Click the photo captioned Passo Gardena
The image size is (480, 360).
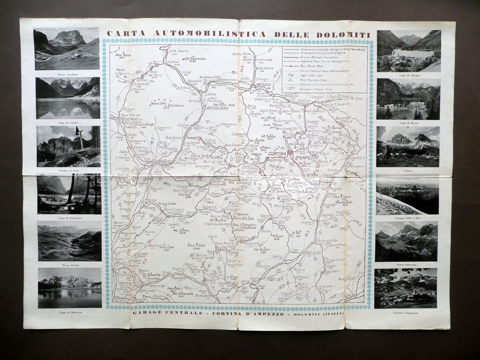pos(67,48)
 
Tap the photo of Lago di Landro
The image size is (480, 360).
pos(68,98)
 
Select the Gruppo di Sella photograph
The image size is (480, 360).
pos(68,146)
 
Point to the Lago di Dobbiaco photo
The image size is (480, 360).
pos(69,194)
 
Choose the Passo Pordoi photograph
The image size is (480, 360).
pos(69,241)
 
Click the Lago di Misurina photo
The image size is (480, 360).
pos(70,288)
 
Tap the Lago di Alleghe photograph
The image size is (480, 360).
pos(409,51)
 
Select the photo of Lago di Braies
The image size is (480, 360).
pos(408,99)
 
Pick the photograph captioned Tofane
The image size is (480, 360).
pos(408,146)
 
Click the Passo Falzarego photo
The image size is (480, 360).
pos(406,242)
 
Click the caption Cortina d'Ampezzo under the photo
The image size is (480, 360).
pos(406,312)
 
